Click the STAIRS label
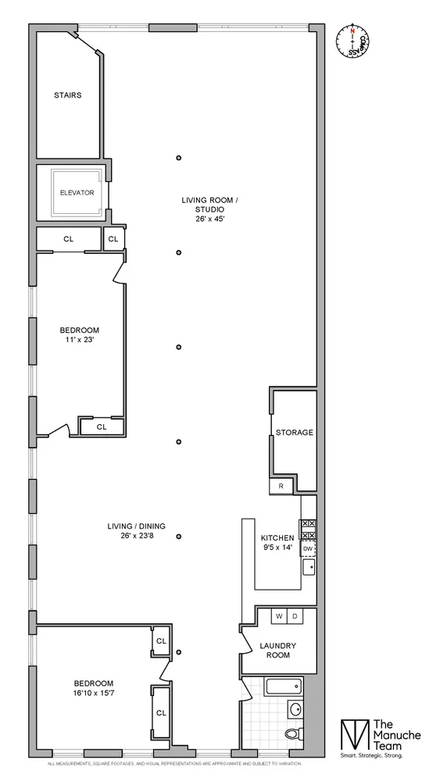click(68, 95)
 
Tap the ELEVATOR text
click(77, 192)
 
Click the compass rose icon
click(353, 40)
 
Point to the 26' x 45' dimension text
click(209, 219)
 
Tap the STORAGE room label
click(294, 432)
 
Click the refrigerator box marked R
click(281, 486)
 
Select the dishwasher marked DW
click(308, 549)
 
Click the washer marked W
click(277, 616)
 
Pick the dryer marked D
click(294, 616)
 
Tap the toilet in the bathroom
click(292, 733)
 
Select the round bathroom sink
click(295, 710)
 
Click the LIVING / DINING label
click(136, 526)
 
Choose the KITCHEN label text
click(277, 537)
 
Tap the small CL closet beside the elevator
click(113, 239)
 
